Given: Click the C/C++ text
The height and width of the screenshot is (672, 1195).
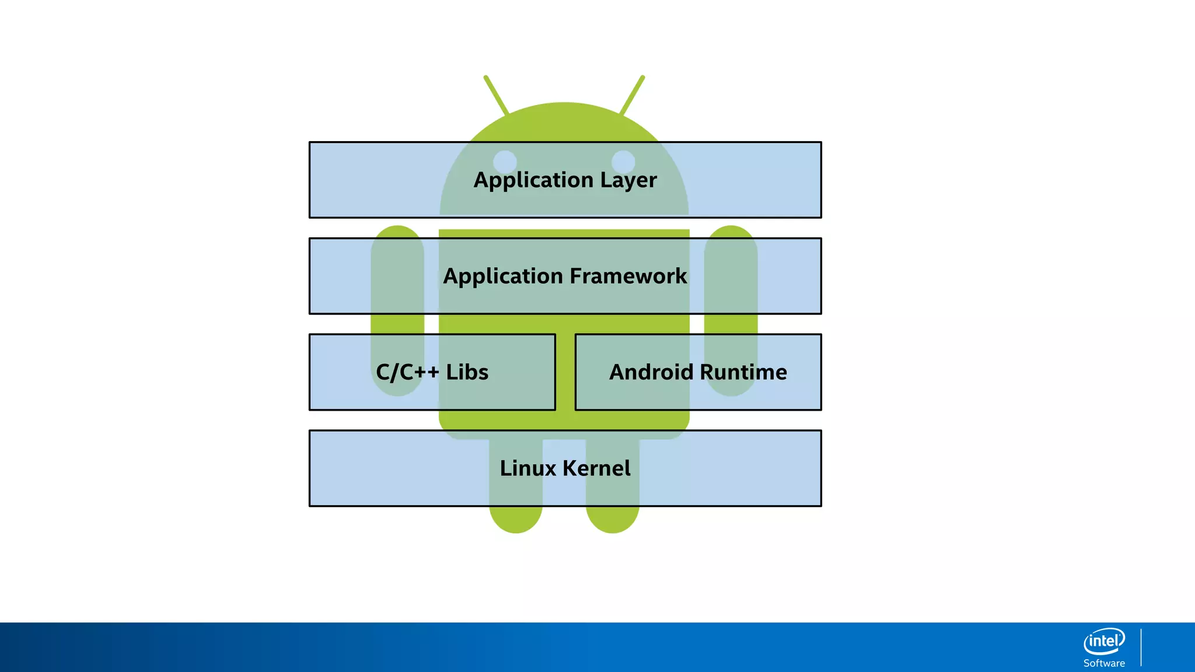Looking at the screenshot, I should (x=407, y=372).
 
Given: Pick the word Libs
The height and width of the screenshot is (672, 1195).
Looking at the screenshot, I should (x=467, y=372).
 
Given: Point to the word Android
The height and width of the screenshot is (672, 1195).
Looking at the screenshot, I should (x=651, y=372).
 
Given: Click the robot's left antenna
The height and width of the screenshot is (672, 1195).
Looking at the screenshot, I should (x=496, y=95).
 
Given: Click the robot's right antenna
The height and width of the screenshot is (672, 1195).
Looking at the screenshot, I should (x=632, y=95).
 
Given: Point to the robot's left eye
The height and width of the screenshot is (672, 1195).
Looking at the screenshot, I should (x=505, y=162).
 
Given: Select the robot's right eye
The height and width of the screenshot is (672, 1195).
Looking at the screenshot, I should (x=623, y=162).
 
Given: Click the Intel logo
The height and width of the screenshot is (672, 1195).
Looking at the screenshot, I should (x=1104, y=642).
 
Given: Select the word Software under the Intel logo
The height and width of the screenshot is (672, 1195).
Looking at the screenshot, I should (x=1104, y=663).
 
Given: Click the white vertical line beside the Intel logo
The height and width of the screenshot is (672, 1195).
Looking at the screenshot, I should (x=1141, y=647).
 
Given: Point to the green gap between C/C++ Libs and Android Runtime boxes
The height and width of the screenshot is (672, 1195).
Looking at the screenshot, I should (x=565, y=372).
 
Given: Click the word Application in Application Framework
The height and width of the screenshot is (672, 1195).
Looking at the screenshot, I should (x=503, y=276).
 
